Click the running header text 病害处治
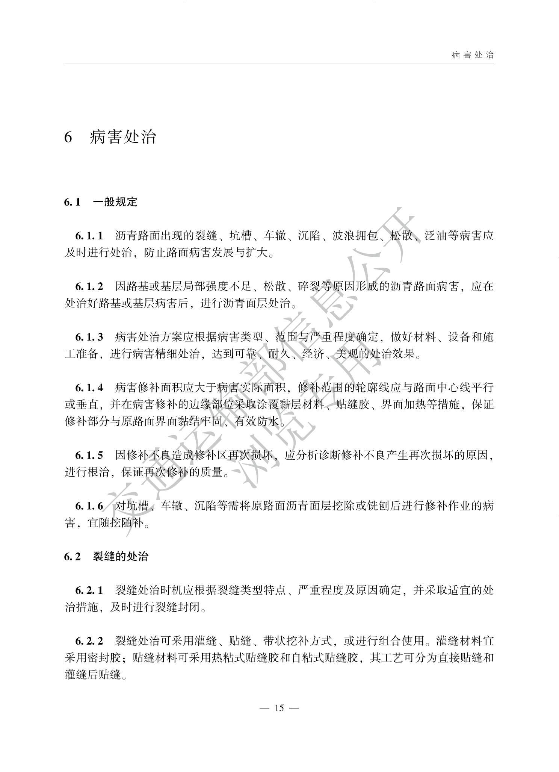[x=473, y=55]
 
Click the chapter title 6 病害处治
[x=110, y=137]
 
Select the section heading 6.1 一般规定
[x=101, y=202]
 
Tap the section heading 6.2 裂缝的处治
[x=106, y=556]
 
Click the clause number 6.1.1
[x=89, y=236]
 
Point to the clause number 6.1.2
[x=89, y=286]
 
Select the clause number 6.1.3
[x=89, y=337]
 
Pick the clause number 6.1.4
[x=89, y=388]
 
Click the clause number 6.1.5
[x=89, y=455]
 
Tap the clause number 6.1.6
[x=89, y=506]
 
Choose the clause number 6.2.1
[x=89, y=590]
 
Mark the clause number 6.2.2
[x=89, y=640]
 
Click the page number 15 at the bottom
[x=279, y=708]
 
